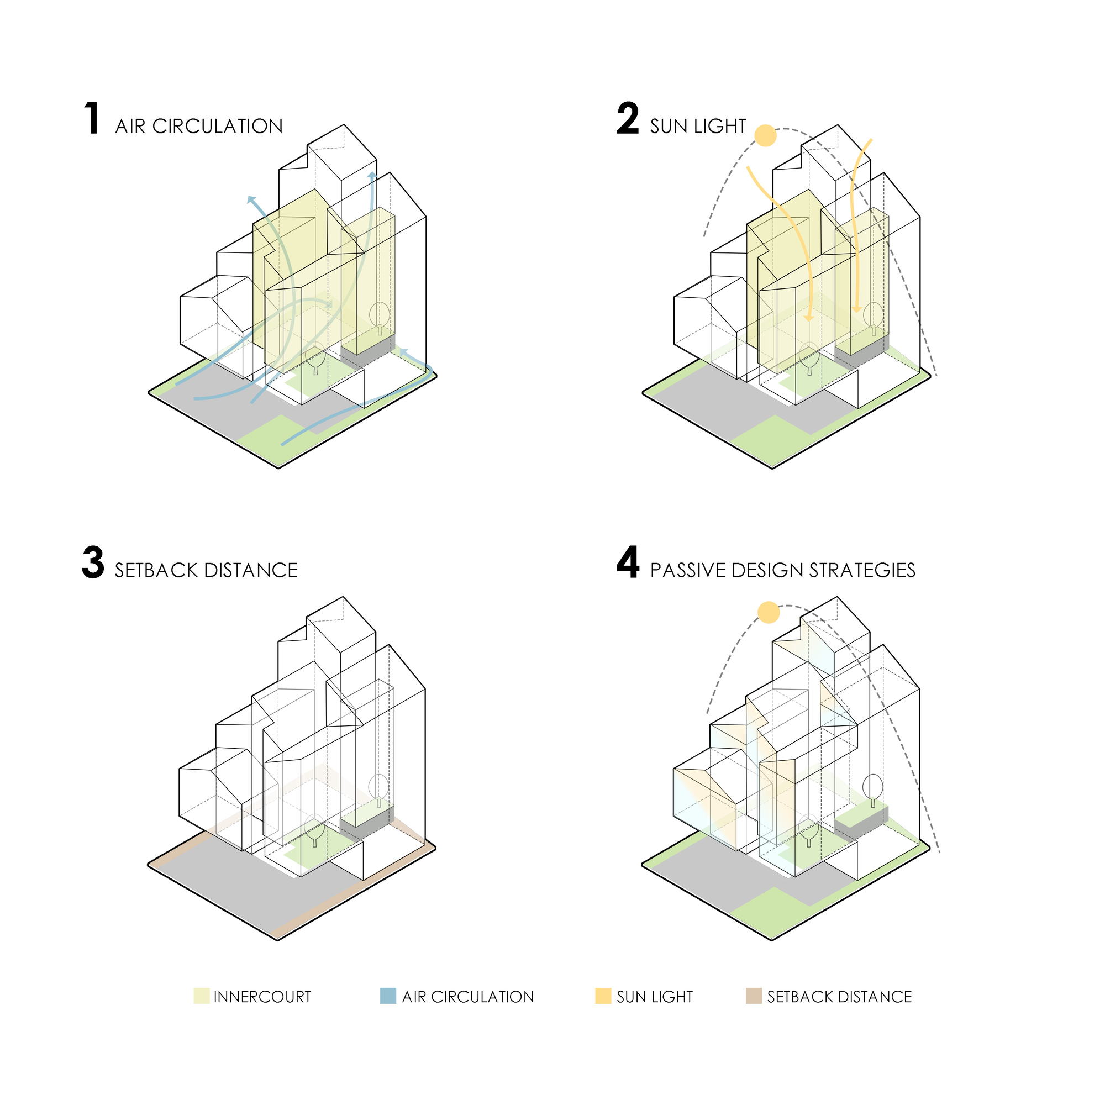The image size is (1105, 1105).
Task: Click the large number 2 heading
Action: [628, 119]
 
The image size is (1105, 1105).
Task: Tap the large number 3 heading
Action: [93, 563]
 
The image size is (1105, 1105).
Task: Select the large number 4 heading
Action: [628, 563]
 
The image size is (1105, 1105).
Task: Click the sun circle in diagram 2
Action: [765, 136]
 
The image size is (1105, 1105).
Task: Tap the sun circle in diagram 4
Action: [769, 613]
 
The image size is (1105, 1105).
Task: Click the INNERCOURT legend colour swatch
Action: [201, 996]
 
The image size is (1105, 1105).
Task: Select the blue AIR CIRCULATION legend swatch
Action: [388, 996]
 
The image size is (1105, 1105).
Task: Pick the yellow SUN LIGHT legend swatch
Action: [603, 996]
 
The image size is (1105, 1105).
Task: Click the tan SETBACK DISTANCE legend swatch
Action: [754, 996]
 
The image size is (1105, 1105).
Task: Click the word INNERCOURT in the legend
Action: [262, 997]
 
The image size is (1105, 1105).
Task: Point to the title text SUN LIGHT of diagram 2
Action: [698, 127]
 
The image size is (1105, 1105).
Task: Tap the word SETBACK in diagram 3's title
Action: [156, 571]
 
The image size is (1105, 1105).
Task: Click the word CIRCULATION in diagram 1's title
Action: [217, 127]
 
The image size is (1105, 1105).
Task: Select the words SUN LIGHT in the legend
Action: [655, 997]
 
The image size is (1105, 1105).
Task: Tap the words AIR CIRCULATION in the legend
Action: [468, 997]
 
